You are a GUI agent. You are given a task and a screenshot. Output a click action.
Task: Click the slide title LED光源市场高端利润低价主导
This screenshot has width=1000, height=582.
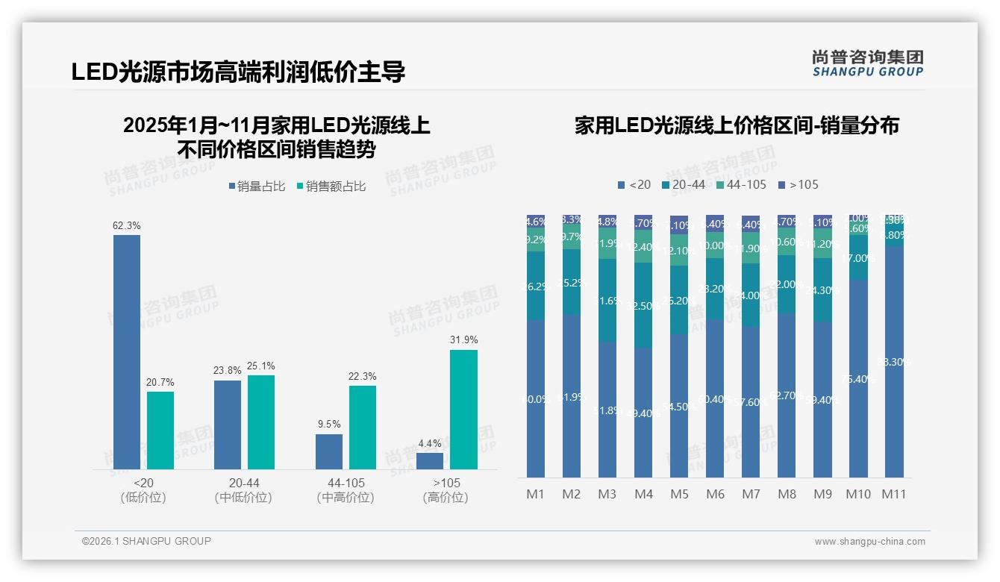click(x=238, y=72)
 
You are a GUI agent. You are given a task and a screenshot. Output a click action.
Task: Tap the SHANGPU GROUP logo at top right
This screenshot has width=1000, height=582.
click(x=867, y=63)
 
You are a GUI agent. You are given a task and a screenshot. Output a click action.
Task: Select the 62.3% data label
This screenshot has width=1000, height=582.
click(x=126, y=225)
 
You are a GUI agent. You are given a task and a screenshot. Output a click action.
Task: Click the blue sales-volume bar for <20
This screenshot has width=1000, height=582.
click(x=127, y=351)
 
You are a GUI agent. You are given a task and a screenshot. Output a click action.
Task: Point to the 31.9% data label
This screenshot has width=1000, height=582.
click(x=463, y=339)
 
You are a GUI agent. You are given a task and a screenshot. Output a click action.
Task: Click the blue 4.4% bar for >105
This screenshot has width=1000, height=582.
click(x=430, y=461)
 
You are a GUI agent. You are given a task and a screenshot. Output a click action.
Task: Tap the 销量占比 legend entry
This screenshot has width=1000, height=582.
click(x=257, y=187)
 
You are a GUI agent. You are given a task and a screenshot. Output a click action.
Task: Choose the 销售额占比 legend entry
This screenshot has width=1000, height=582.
click(x=331, y=187)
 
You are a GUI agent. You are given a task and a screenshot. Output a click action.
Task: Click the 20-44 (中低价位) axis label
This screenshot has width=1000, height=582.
click(x=243, y=490)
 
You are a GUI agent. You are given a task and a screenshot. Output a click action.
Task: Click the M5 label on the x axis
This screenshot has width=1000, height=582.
click(x=679, y=494)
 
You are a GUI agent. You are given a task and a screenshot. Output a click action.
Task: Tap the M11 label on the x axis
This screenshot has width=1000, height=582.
click(x=893, y=494)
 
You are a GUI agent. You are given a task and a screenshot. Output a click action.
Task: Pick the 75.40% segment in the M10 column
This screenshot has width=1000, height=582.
click(x=858, y=378)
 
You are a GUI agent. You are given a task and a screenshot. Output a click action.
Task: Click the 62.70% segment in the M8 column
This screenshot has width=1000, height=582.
click(x=787, y=395)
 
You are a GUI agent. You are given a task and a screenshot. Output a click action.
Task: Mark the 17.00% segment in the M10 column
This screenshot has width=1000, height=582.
click(x=858, y=258)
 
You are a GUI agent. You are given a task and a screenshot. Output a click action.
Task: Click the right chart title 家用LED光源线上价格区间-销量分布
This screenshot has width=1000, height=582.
click(x=737, y=125)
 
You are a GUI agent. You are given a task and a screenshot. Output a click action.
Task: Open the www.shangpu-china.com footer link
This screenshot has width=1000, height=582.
click(x=869, y=542)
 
